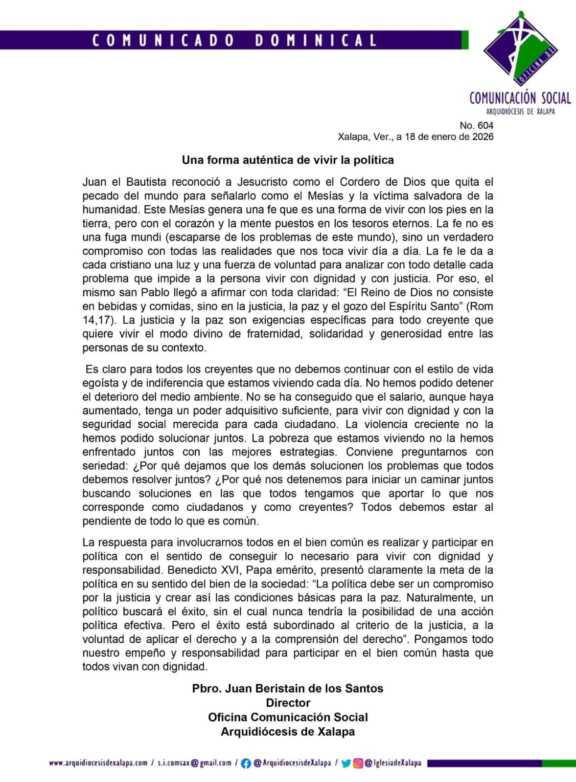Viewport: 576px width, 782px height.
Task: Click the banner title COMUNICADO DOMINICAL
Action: pyautogui.click(x=234, y=40)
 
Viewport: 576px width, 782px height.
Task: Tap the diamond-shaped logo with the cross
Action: pyautogui.click(x=521, y=49)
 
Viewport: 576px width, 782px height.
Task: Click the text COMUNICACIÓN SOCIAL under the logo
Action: pyautogui.click(x=520, y=98)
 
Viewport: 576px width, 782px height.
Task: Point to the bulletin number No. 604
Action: pyautogui.click(x=476, y=126)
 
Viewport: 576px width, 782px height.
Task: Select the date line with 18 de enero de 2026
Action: pyautogui.click(x=415, y=137)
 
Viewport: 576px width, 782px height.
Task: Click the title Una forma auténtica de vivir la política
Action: pyautogui.click(x=288, y=160)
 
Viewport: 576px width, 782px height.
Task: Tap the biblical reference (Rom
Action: pyautogui.click(x=479, y=306)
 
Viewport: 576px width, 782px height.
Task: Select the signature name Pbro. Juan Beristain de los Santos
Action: pyautogui.click(x=288, y=688)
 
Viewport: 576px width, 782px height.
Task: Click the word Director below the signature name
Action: pyautogui.click(x=288, y=703)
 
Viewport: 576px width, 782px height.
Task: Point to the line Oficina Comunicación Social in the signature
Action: pyautogui.click(x=288, y=717)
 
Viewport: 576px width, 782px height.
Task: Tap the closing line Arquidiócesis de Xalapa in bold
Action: pyautogui.click(x=288, y=732)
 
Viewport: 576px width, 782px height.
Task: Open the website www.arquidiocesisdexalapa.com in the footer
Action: pyautogui.click(x=98, y=763)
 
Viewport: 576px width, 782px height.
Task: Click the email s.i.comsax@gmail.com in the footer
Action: pyautogui.click(x=194, y=763)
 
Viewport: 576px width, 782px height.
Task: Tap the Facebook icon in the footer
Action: pyautogui.click(x=246, y=763)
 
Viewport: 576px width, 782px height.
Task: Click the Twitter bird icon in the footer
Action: pyautogui.click(x=346, y=763)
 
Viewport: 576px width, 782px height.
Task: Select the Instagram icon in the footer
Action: pyautogui.click(x=358, y=763)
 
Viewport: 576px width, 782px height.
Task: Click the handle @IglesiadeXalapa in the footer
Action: pyautogui.click(x=393, y=763)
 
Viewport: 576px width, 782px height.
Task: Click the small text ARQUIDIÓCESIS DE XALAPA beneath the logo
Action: pyautogui.click(x=520, y=112)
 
